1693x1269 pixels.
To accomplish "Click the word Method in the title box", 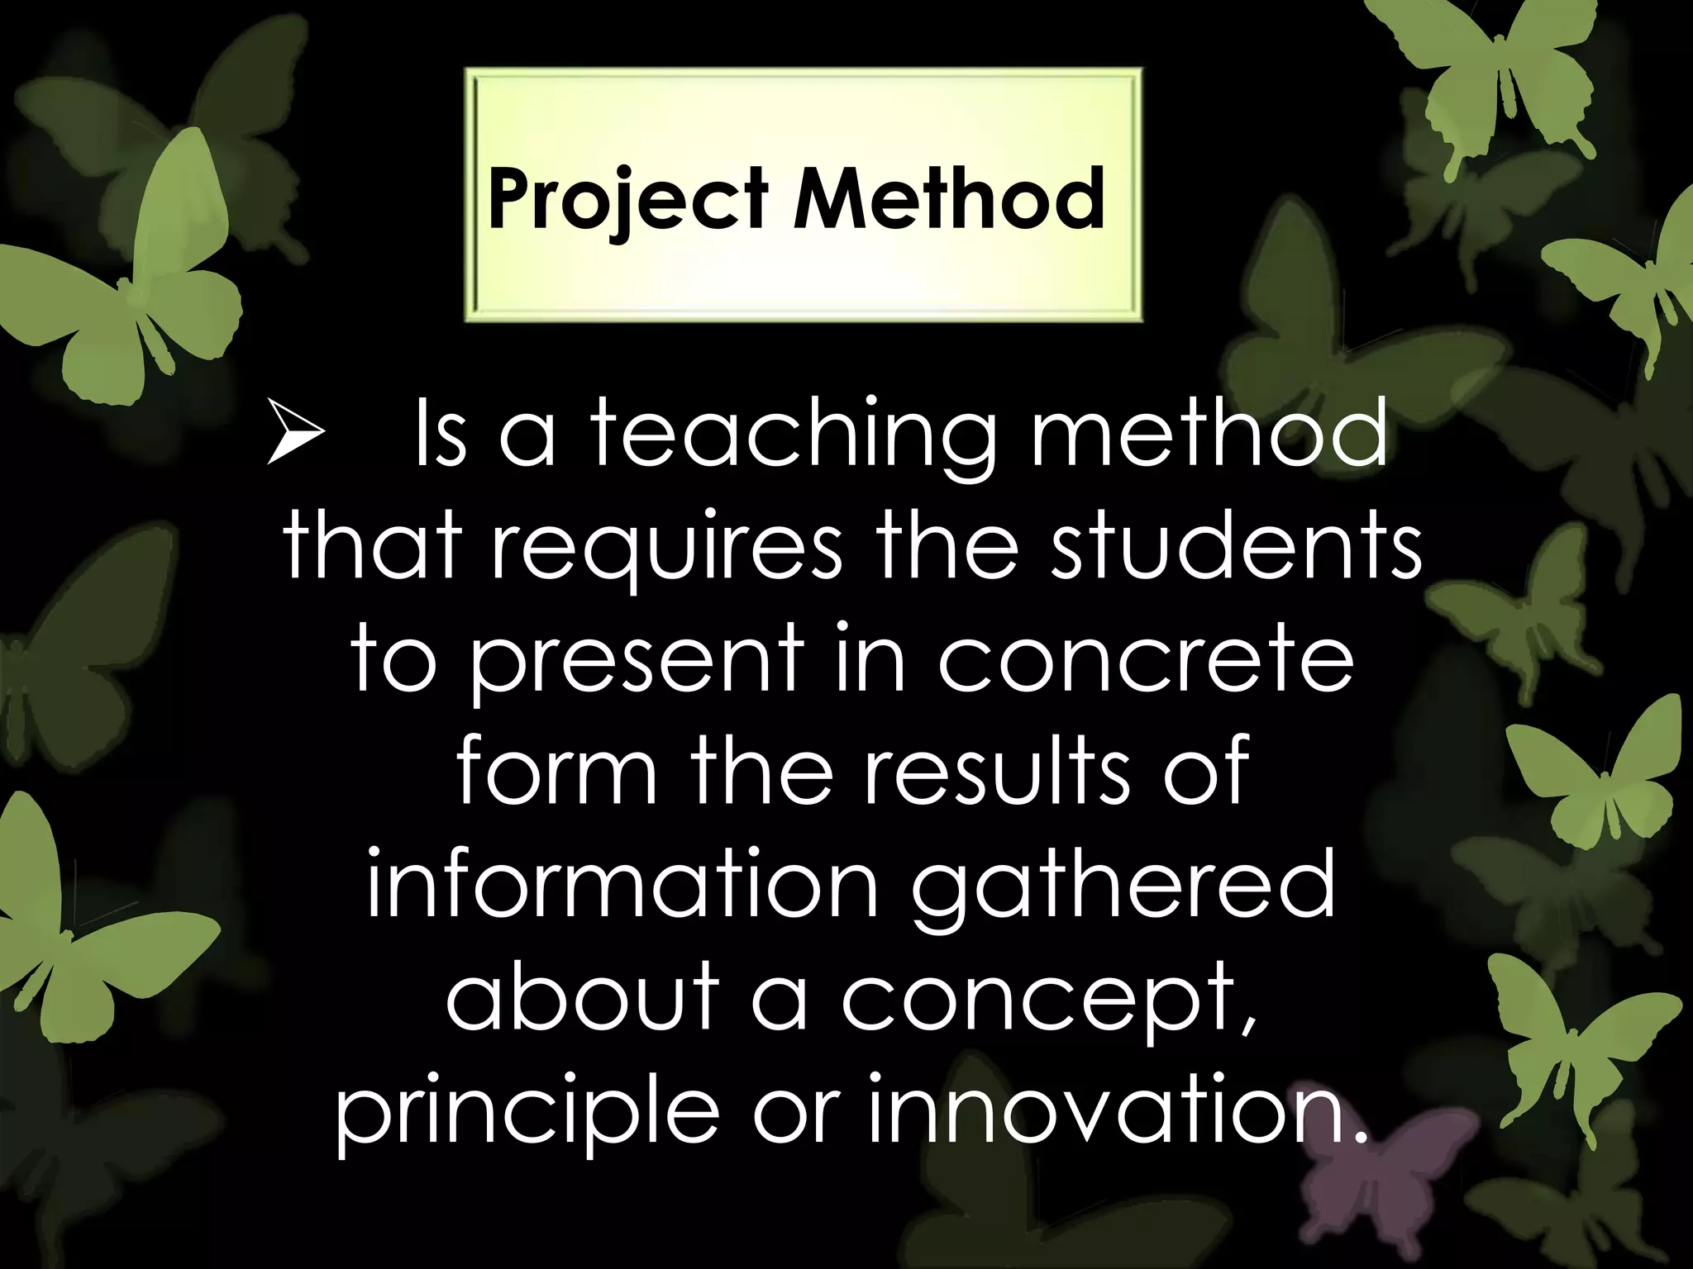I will coord(948,198).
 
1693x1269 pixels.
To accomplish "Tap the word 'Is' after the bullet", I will coord(440,434).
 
